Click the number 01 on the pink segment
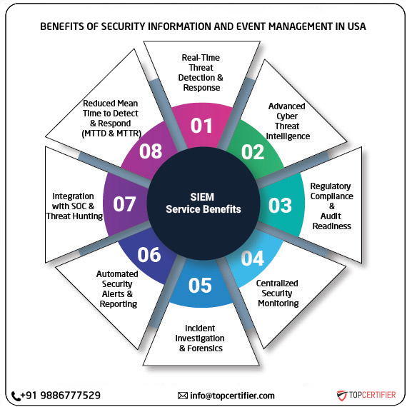[x=202, y=126]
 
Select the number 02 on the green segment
[x=251, y=152]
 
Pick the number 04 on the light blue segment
[x=252, y=258]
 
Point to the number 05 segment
[x=201, y=285]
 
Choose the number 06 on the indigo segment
[x=149, y=254]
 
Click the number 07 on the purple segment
[x=124, y=204]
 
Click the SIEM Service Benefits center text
[x=203, y=203]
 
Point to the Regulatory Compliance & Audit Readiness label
[x=331, y=206]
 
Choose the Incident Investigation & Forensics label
[x=200, y=338]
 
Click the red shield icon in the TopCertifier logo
[x=342, y=395]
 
